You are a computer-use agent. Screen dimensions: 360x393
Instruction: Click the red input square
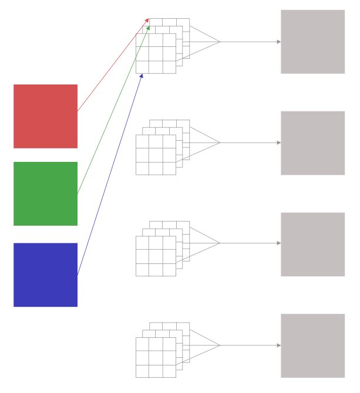(x=45, y=116)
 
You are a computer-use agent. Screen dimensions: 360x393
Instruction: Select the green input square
(x=45, y=194)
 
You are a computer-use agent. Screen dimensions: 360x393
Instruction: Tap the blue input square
(x=45, y=275)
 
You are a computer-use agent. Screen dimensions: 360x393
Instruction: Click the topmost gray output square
(x=312, y=42)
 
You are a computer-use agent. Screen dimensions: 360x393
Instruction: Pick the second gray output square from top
(x=312, y=143)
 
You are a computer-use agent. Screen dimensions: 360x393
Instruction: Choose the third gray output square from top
(x=312, y=244)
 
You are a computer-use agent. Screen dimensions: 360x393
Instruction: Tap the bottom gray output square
(x=312, y=345)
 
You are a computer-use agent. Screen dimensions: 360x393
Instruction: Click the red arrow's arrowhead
(x=147, y=21)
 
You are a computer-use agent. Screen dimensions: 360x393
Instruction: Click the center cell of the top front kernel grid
(x=156, y=53)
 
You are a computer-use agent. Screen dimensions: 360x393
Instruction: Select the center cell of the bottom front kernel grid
(x=156, y=357)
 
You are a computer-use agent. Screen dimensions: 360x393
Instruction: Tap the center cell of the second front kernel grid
(x=156, y=155)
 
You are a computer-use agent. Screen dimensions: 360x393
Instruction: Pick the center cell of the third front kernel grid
(x=156, y=256)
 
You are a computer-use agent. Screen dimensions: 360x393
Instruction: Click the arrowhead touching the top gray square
(x=278, y=42)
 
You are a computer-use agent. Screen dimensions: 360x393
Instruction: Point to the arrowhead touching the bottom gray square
(x=278, y=345)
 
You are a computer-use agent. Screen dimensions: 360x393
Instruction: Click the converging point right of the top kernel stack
(x=220, y=42)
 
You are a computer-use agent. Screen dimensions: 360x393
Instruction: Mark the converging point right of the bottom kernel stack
(x=220, y=345)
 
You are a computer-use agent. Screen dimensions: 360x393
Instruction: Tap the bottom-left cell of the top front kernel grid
(x=142, y=67)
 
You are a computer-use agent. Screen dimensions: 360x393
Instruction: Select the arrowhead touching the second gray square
(x=278, y=143)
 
